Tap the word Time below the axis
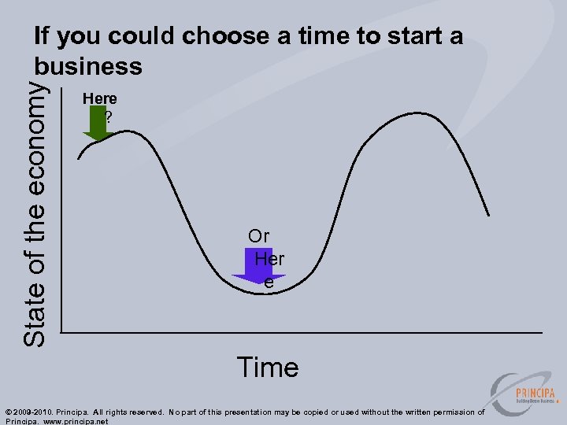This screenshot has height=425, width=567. click(x=268, y=368)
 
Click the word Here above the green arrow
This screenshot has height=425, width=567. click(x=100, y=98)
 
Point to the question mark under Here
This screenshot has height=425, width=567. click(x=108, y=116)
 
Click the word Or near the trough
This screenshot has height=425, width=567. click(x=259, y=235)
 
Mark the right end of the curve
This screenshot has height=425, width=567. click(x=489, y=214)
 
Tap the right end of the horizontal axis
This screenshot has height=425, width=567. click(x=542, y=333)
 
